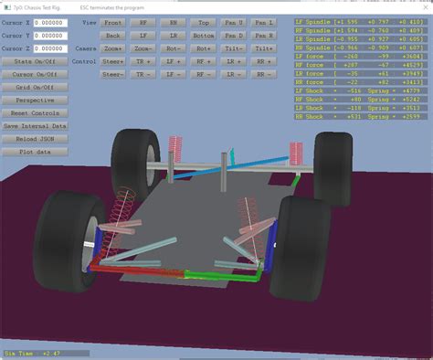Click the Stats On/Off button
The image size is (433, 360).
[x=35, y=61]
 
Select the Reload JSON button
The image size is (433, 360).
[x=35, y=138]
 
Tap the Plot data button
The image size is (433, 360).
[x=35, y=151]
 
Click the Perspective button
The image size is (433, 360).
[x=35, y=100]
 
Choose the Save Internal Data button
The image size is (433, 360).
[x=35, y=125]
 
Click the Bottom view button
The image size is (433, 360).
[x=204, y=34]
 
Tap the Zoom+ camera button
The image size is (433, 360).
[x=114, y=47]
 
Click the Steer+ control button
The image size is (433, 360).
[x=114, y=60]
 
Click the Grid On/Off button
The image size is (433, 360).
[x=35, y=87]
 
